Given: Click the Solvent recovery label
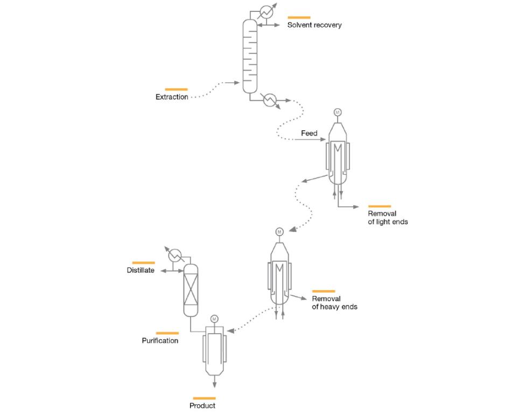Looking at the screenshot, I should click(314, 25).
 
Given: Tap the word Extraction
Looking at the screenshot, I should click(172, 97).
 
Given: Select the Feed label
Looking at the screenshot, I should click(309, 133).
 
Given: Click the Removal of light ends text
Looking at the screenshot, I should click(388, 217).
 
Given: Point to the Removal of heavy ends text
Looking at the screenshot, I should click(334, 302).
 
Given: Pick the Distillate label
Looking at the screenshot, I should click(141, 271).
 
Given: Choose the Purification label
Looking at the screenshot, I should click(160, 341).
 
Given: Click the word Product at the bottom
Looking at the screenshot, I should click(202, 405).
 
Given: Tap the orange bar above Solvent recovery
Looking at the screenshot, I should click(299, 18).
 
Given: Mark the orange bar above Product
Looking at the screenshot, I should click(204, 398).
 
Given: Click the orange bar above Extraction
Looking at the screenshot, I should click(176, 89).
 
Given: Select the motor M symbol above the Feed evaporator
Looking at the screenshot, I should click(338, 112).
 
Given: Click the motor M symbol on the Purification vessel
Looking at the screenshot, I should click(214, 319).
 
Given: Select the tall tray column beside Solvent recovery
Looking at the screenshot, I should click(250, 57).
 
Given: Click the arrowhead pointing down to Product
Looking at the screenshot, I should click(214, 384).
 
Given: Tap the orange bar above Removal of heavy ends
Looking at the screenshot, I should click(323, 291).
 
